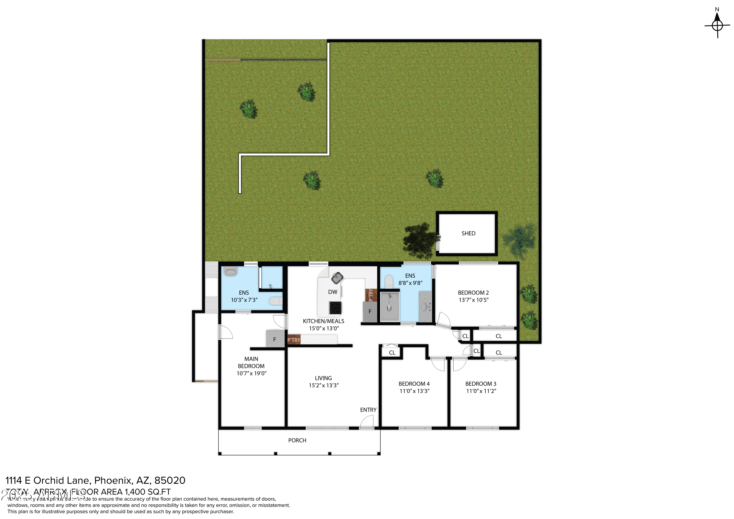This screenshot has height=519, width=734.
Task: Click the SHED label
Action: (x=468, y=233)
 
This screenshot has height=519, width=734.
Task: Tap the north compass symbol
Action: (x=717, y=25)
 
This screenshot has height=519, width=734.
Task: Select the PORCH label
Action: (x=297, y=440)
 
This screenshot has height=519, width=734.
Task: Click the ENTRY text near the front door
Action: (x=368, y=410)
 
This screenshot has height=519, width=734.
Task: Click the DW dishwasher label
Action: (x=333, y=292)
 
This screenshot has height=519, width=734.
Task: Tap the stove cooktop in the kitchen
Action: (x=335, y=308)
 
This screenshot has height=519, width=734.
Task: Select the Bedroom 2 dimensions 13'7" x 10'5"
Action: (x=473, y=300)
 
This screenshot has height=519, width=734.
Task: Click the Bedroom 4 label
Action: (x=414, y=384)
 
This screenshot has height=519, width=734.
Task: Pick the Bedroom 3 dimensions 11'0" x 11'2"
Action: (x=481, y=391)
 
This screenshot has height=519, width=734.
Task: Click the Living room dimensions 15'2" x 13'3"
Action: (x=323, y=385)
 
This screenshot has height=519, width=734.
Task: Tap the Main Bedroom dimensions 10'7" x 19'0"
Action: (x=251, y=373)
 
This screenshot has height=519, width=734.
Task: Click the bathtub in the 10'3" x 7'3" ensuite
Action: (x=230, y=272)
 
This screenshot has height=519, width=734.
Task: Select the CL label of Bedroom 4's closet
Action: (x=392, y=353)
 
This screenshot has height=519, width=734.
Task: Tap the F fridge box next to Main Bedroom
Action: (x=274, y=340)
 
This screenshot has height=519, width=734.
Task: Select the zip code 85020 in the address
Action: (x=170, y=480)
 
